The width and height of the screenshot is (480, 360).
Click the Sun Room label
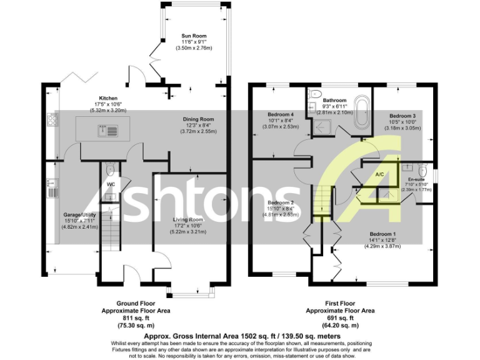[x=193, y=36]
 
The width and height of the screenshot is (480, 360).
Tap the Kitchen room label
[x=108, y=98]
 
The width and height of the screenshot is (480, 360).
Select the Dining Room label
[x=198, y=119]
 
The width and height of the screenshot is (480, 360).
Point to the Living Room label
[x=189, y=220]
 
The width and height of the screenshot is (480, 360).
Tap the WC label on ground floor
[x=110, y=184]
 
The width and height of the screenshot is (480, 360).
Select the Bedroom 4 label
[x=281, y=115]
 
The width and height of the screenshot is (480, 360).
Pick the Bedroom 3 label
[x=402, y=116]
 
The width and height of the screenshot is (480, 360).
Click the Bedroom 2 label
[x=281, y=203]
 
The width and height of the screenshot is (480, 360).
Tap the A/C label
[x=379, y=174]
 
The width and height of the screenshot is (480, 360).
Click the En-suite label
[x=416, y=179]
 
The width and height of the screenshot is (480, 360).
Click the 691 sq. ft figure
[x=340, y=317]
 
